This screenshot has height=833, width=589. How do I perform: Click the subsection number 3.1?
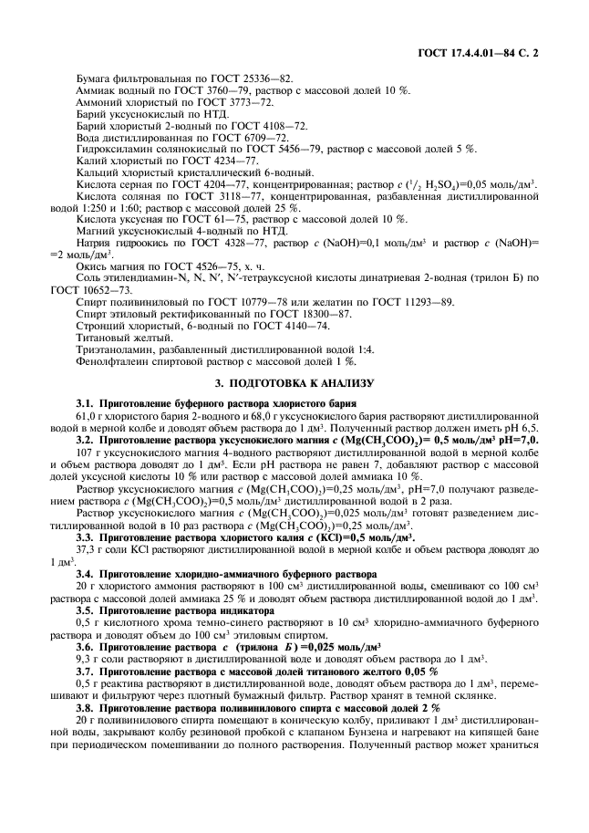(84, 403)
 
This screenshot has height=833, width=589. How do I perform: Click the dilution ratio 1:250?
(105, 206)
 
